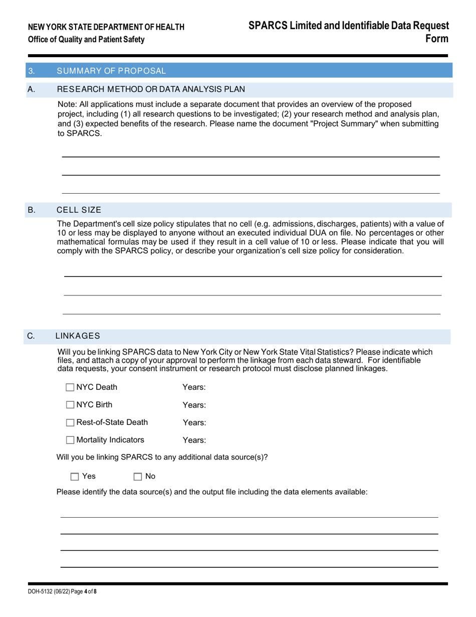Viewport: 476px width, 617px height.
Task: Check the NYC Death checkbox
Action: (70, 387)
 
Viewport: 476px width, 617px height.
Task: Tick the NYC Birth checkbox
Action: (70, 405)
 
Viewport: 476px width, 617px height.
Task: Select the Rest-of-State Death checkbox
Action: (70, 422)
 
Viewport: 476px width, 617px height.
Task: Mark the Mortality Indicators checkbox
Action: (70, 440)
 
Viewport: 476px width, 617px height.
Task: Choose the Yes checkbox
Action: (75, 477)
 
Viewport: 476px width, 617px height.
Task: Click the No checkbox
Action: (138, 477)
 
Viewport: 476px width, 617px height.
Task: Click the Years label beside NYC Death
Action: (194, 387)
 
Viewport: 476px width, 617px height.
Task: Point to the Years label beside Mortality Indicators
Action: (194, 440)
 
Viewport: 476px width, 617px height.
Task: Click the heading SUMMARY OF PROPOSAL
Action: (111, 71)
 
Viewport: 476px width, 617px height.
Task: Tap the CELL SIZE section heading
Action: (79, 210)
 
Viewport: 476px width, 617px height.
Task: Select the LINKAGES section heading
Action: (78, 336)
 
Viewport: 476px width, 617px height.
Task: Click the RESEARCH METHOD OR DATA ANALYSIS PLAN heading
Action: (151, 90)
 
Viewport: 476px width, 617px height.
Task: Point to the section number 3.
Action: (32, 71)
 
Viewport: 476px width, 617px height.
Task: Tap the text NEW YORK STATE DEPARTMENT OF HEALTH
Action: (106, 27)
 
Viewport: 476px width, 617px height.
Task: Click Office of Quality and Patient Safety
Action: (86, 40)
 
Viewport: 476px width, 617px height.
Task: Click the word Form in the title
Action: (437, 39)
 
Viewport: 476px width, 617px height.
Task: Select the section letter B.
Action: (32, 210)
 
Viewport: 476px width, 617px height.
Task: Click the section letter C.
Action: (32, 336)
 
